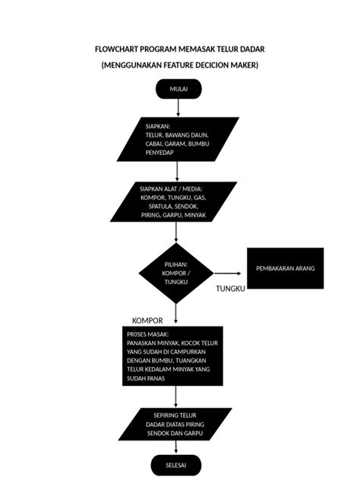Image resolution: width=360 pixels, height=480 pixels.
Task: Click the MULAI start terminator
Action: tap(178, 89)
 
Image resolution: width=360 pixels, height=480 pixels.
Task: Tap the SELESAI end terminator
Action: tap(178, 463)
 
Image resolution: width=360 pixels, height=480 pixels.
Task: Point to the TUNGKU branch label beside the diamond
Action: tap(229, 289)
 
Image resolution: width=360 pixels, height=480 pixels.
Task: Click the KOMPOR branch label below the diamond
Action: tap(147, 321)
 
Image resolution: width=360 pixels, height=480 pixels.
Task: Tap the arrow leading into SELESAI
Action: tap(178, 447)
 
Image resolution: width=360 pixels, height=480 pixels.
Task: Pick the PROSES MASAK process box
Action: tap(172, 355)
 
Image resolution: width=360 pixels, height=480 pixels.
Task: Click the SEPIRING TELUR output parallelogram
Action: tap(177, 424)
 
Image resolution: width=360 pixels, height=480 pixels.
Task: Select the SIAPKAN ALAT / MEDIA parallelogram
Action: tap(174, 202)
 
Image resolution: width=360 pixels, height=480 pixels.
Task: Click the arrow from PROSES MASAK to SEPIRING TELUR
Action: tap(177, 396)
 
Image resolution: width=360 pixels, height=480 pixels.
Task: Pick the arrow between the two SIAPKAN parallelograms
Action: tap(177, 171)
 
